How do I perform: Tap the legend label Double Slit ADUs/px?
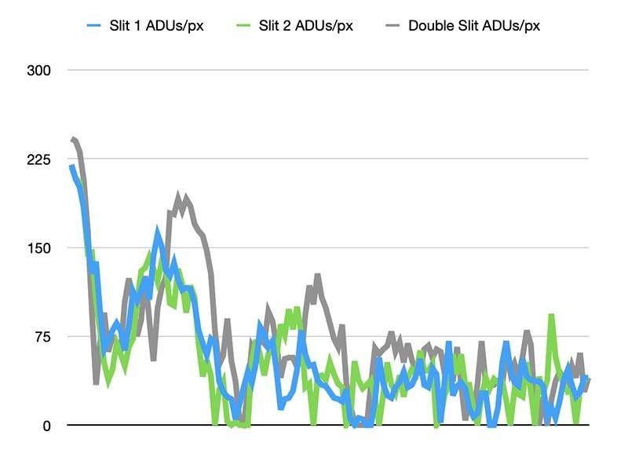click(x=473, y=25)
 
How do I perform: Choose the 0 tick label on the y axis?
click(x=46, y=426)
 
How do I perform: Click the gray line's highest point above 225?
click(x=73, y=139)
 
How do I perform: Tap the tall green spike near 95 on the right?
click(x=551, y=316)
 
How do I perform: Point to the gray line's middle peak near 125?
click(x=317, y=276)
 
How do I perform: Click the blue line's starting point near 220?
click(x=71, y=166)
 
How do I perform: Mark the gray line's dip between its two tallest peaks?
click(x=97, y=382)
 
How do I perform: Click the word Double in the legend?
click(x=429, y=25)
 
